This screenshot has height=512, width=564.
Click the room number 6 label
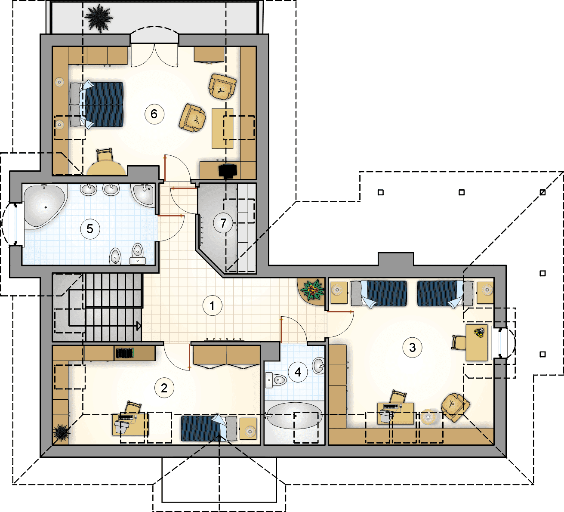point(154,114)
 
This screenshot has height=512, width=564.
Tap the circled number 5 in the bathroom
point(90,229)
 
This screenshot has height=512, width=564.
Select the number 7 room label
point(223,223)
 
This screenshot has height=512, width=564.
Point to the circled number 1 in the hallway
point(212,306)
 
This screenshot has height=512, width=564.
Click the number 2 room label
point(164,388)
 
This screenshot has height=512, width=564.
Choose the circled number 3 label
point(413,348)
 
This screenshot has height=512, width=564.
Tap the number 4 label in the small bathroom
point(298,372)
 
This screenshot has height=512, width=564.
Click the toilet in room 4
point(276,380)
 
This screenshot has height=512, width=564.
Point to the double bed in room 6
point(96,105)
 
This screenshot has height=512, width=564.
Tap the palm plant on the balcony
point(99,18)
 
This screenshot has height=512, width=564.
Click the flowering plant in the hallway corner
point(312,290)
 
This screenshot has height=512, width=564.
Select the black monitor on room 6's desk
point(228,170)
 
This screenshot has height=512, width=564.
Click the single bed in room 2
point(209,429)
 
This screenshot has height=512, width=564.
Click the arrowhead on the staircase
point(139,326)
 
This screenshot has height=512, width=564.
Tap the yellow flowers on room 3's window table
point(479,333)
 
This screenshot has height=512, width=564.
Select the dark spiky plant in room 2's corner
point(61,433)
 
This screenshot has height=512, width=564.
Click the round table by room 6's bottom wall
point(106,169)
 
